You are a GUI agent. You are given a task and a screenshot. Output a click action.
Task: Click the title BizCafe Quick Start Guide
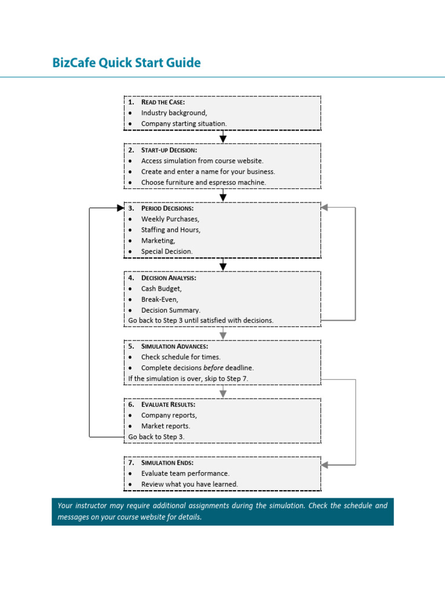(126, 63)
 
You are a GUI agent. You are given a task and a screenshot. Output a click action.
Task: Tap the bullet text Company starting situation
(184, 124)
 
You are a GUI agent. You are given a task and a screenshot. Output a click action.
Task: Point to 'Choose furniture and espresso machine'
(203, 182)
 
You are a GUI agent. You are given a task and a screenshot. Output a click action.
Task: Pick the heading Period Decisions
(167, 208)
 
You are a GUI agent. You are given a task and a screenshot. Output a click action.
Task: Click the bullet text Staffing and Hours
(170, 230)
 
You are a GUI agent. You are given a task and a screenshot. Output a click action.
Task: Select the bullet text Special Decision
(167, 251)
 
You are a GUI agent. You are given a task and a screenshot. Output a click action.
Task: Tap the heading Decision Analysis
(169, 278)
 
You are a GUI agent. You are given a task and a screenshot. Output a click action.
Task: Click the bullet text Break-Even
(159, 299)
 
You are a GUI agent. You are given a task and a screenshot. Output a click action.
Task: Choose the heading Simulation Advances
(170, 346)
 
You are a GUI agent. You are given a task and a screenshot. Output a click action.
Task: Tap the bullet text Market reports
(165, 426)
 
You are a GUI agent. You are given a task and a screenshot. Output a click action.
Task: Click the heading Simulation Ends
(167, 463)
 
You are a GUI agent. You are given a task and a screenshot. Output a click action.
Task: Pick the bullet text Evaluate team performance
(185, 473)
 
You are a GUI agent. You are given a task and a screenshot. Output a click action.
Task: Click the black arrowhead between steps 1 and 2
(223, 139)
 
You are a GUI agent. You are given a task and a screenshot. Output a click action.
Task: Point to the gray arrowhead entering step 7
(324, 465)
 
